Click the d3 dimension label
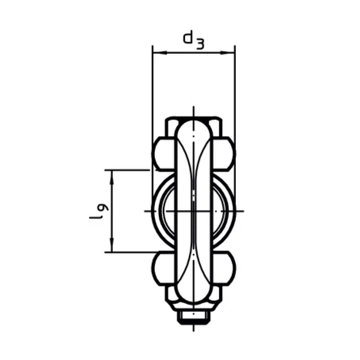tap(193, 40)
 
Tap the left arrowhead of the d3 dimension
tap(159, 53)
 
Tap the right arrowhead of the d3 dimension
tap(228, 53)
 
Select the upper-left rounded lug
tap(163, 153)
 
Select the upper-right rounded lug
tap(224, 153)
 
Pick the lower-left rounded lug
tap(163, 268)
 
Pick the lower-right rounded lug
tap(224, 268)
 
